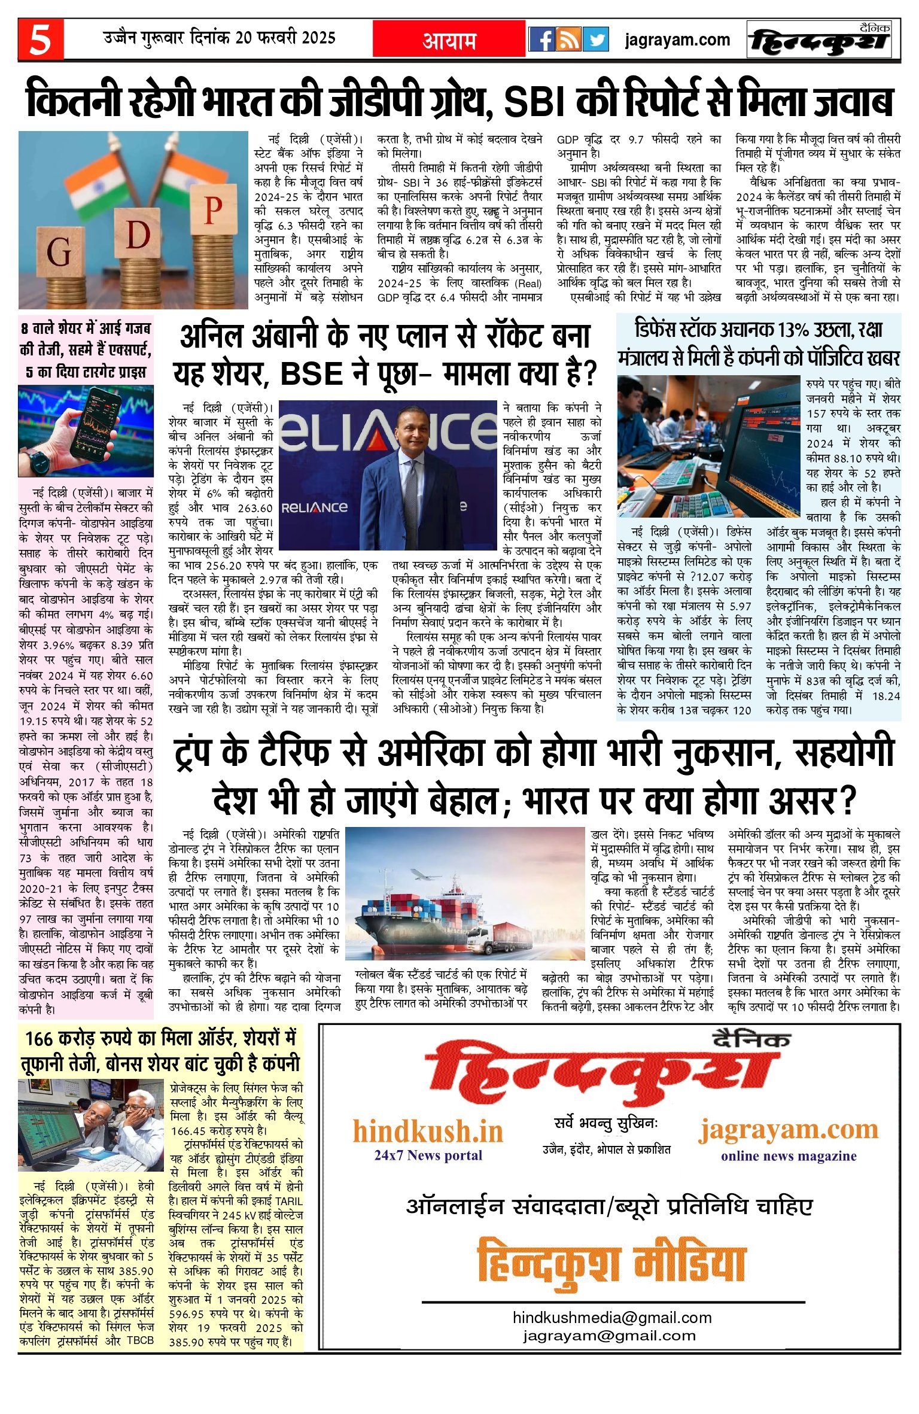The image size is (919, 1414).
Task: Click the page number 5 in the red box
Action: point(41,39)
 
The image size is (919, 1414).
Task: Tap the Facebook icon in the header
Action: point(541,39)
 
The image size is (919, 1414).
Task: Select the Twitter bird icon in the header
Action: point(595,39)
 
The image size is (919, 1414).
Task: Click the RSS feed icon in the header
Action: point(568,39)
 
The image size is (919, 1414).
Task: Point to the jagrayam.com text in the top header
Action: point(677,40)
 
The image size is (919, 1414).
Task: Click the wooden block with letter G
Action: point(58,252)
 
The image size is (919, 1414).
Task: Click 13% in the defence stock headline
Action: point(795,330)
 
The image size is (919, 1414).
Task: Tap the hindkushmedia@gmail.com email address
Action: point(611,1318)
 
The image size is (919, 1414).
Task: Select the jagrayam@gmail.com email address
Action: point(609,1336)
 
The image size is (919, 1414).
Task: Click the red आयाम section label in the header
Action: point(449,40)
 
